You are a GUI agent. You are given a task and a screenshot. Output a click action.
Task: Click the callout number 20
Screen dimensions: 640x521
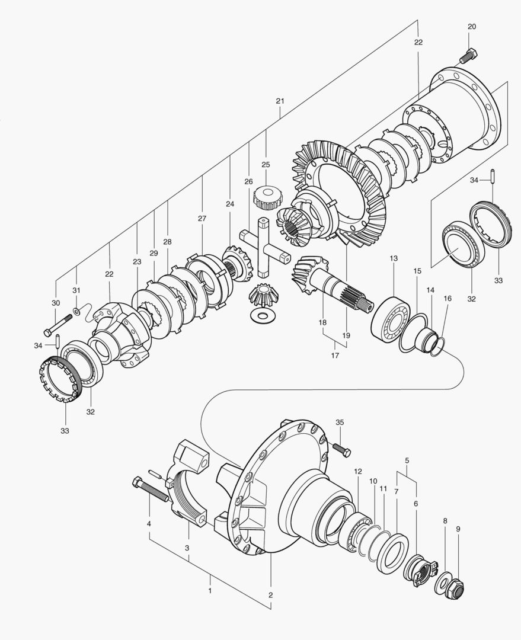point(472,27)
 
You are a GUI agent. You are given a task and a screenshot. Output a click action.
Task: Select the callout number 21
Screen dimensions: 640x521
point(280,101)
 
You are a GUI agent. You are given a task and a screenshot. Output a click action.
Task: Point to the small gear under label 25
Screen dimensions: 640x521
point(266,197)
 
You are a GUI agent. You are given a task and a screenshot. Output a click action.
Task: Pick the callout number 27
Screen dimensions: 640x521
point(202,219)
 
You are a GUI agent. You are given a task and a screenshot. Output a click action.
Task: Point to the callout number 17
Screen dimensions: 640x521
point(335,356)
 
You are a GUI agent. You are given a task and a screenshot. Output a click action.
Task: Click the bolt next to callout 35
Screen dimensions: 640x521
point(342,450)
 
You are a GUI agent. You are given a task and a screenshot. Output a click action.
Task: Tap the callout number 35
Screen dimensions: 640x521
point(340,423)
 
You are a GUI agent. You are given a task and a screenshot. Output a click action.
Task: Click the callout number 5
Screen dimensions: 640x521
point(407,460)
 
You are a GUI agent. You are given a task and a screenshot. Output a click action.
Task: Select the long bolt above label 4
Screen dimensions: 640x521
point(153,490)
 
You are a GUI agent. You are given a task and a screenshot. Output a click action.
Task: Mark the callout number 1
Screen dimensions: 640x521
point(209,591)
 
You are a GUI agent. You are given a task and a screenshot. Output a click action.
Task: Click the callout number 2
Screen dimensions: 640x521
point(271,595)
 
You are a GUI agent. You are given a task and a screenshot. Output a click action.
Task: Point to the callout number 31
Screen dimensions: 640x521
point(76,290)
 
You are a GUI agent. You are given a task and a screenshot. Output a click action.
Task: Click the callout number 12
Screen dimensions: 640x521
point(357,472)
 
